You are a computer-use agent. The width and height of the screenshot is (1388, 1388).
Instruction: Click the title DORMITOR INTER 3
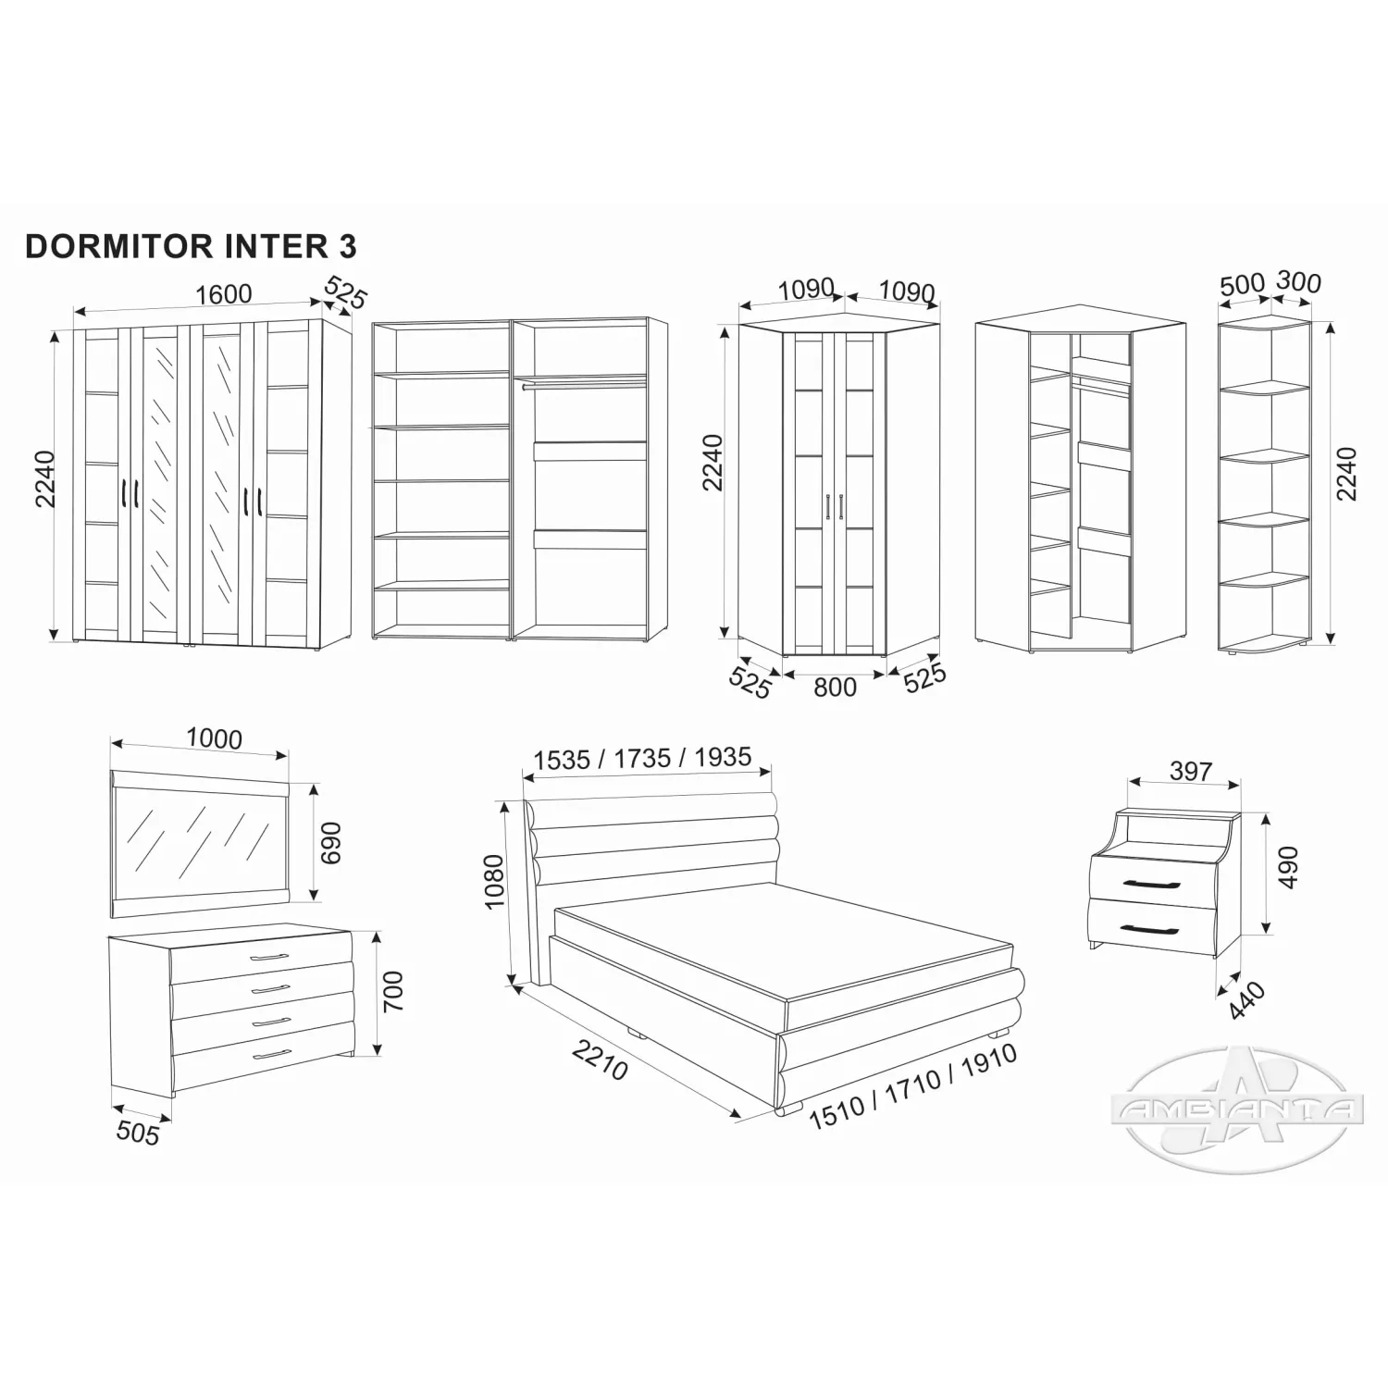pos(191,246)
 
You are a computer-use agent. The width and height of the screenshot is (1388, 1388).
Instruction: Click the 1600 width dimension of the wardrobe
pos(224,293)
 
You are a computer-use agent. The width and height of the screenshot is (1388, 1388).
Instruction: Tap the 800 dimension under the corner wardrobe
pos(835,687)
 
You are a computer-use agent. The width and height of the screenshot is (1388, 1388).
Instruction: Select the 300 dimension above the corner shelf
pos(1298,281)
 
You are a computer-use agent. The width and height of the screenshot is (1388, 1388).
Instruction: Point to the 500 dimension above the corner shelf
pos(1242,285)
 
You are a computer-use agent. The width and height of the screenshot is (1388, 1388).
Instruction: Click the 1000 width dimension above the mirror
pos(214,738)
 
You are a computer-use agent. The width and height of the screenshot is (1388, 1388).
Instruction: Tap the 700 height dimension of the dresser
pos(393,991)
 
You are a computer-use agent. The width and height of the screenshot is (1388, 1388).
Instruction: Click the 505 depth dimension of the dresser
pos(138,1132)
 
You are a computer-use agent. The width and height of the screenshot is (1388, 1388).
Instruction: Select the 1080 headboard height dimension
pos(494,882)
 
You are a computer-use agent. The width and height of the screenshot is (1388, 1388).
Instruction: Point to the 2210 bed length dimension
pos(601,1060)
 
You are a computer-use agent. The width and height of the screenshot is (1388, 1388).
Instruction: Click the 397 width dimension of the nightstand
pos(1190,770)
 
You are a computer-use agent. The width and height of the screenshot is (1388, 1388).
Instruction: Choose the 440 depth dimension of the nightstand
pos(1246,1000)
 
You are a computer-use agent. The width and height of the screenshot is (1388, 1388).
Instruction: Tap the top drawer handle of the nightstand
pos(1152,886)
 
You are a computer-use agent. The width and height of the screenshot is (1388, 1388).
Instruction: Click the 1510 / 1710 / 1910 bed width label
pos(913,1086)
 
